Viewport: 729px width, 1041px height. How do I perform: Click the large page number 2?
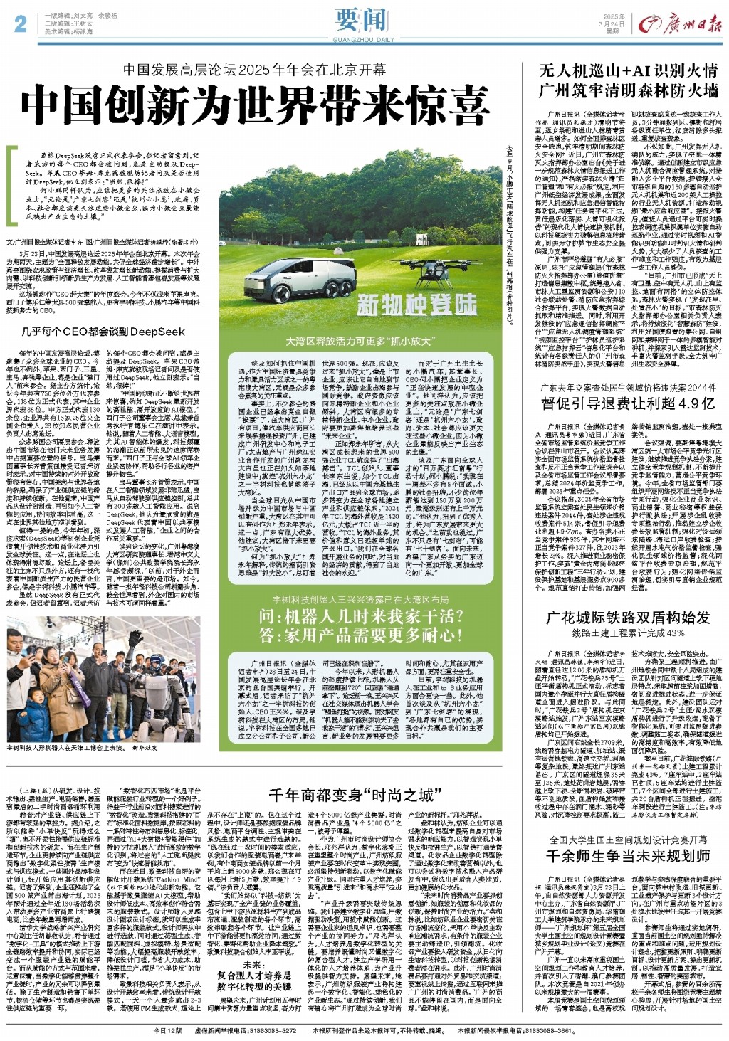coord(20,24)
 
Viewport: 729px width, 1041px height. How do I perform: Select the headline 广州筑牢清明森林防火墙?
coord(629,90)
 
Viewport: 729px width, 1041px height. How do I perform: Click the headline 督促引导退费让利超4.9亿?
coord(629,403)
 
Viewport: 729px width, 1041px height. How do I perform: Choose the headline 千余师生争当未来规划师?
coord(629,855)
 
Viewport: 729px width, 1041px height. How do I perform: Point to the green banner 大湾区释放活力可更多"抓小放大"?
coord(362,342)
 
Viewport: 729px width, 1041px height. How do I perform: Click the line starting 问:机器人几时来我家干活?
coord(361,616)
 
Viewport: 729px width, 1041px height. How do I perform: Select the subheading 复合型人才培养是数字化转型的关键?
coord(254,980)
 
